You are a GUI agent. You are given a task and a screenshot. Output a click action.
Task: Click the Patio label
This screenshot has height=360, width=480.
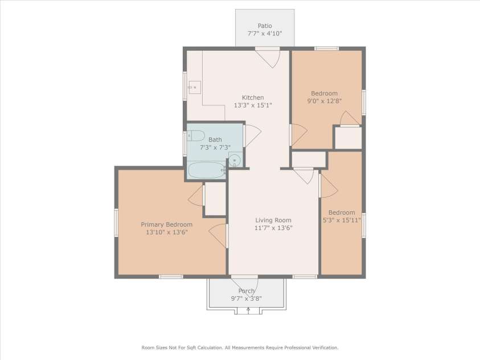(x=265, y=26)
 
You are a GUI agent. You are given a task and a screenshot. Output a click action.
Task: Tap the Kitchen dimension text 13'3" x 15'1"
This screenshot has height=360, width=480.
(x=253, y=105)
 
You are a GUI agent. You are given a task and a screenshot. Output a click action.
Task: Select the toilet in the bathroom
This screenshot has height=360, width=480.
(x=195, y=136)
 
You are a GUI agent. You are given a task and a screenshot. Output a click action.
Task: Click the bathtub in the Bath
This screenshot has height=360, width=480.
(x=207, y=170)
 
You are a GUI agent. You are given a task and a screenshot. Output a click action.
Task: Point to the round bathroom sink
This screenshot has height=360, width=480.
(x=235, y=159)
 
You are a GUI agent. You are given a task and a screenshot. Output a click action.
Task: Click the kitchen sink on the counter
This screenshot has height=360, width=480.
(x=194, y=87)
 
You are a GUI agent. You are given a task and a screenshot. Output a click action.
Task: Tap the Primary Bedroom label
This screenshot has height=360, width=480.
(x=166, y=224)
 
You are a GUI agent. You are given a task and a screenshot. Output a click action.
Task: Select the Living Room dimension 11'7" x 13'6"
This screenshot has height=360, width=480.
(x=273, y=228)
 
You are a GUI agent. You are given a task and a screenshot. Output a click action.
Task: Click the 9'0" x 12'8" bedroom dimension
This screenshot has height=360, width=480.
(x=324, y=101)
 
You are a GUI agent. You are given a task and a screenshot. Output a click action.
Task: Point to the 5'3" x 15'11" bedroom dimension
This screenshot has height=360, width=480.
(x=342, y=220)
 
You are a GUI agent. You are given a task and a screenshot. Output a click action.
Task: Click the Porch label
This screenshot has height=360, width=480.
(x=247, y=291)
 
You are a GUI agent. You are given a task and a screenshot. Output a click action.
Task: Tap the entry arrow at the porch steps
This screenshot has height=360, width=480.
(x=248, y=310)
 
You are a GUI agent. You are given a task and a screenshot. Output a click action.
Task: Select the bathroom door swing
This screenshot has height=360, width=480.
(x=253, y=136)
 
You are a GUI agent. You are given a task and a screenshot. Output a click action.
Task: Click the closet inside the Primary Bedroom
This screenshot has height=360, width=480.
(x=215, y=199)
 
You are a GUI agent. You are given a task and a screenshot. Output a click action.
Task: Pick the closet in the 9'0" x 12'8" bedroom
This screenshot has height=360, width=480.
(x=348, y=138)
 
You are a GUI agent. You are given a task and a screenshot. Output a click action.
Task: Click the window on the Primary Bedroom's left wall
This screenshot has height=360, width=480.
(x=116, y=223)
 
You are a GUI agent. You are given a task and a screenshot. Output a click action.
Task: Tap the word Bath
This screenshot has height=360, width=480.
(x=215, y=140)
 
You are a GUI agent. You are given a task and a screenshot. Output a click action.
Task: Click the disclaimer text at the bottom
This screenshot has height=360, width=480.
(x=240, y=347)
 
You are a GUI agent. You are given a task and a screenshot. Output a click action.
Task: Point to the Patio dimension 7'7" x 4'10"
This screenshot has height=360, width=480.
(x=265, y=34)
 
